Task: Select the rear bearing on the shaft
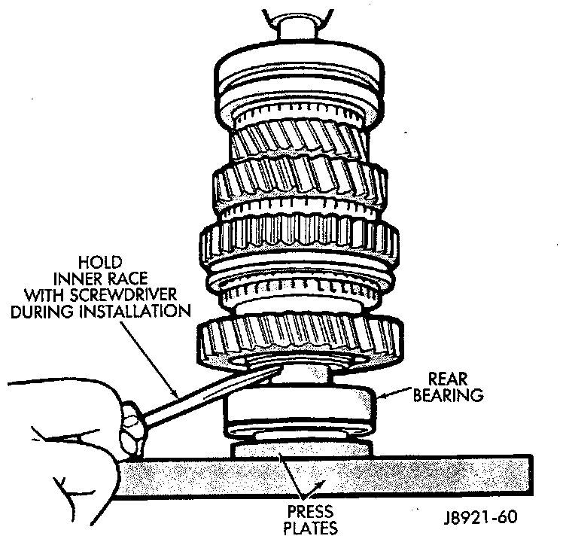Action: tap(301, 411)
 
